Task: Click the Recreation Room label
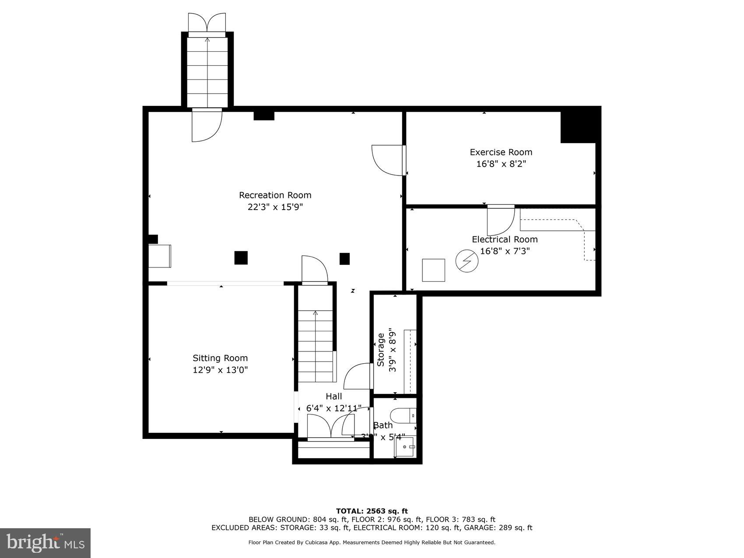point(275,195)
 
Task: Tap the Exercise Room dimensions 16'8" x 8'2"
point(501,164)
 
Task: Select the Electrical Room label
point(504,239)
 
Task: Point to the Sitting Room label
point(220,358)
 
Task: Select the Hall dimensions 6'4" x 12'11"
point(333,408)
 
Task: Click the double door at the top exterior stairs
point(207,23)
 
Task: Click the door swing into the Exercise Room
point(387,160)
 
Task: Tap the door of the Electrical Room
point(501,220)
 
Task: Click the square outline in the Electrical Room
point(433,270)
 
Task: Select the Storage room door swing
point(358,376)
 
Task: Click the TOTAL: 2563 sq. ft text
point(372,511)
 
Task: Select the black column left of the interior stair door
point(241,258)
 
